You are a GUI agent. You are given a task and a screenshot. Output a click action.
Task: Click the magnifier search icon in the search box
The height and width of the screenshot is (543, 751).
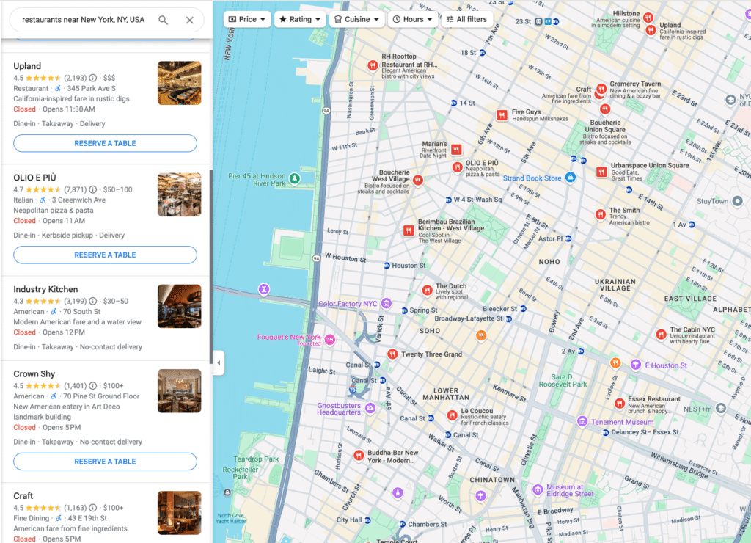(x=163, y=20)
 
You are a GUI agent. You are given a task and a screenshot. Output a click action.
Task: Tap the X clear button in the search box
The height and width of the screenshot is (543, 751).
(x=190, y=20)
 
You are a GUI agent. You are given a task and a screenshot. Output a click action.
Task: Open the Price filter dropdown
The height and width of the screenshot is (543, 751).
(x=247, y=19)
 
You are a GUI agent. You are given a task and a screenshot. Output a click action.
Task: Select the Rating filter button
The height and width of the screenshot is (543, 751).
(x=300, y=19)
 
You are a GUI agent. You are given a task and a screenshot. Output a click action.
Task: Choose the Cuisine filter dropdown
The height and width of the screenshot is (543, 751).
(x=356, y=19)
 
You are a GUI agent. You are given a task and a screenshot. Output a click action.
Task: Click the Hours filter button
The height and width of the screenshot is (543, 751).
(x=412, y=19)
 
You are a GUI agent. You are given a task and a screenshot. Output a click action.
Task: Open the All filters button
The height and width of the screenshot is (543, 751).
(x=466, y=19)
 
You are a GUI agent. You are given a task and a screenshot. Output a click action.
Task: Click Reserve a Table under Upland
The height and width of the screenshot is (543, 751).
(x=105, y=143)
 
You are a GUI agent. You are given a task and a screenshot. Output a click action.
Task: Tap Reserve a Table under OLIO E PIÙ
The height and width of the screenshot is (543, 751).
(x=105, y=255)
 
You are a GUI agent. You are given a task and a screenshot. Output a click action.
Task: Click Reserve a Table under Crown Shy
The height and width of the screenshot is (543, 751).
(x=105, y=462)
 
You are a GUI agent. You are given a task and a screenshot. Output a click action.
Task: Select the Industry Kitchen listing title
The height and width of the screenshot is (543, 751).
(x=45, y=289)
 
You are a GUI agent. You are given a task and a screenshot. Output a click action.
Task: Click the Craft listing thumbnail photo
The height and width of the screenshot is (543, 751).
(x=179, y=512)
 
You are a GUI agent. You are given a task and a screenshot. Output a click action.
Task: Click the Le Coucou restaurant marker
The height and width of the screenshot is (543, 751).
(x=452, y=416)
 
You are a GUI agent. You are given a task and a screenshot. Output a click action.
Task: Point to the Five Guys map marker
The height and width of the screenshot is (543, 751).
(x=502, y=115)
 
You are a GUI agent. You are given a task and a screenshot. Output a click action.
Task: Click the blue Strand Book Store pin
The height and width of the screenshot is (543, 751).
(x=571, y=178)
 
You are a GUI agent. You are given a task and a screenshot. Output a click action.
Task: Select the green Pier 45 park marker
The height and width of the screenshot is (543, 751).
(x=294, y=178)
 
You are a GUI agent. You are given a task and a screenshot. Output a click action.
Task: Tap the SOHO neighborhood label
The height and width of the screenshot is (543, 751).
(x=429, y=331)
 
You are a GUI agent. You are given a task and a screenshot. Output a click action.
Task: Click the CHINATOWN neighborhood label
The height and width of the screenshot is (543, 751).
(x=492, y=480)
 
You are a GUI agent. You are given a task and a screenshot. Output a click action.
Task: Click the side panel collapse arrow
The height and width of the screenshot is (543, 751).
(x=218, y=362)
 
